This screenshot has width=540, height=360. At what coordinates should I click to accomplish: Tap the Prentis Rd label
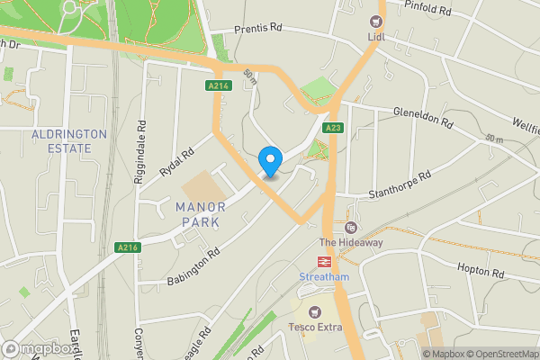(x=258, y=29)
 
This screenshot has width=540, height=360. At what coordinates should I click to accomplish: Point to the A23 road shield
(x=333, y=128)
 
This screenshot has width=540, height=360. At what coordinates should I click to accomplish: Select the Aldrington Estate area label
(x=69, y=141)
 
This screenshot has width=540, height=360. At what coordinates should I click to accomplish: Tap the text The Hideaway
(x=351, y=242)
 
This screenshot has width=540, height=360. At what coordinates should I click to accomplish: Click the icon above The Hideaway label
(x=351, y=228)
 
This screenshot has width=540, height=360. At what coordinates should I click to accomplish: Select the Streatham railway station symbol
(x=323, y=261)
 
